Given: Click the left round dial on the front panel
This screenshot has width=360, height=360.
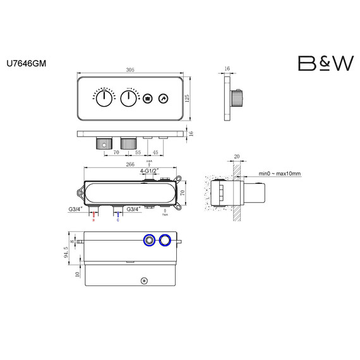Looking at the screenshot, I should coord(102,99).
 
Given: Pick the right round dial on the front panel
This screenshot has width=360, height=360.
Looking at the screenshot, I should coord(129,99).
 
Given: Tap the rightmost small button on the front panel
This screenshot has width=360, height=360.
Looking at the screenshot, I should coord(163,99).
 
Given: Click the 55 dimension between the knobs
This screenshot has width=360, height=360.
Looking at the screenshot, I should coord(137,152).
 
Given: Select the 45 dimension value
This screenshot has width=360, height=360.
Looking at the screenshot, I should coord(155,152).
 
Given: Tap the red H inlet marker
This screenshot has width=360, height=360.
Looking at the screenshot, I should coord(94,220).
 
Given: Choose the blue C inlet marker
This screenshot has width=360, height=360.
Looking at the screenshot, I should coord(117,220).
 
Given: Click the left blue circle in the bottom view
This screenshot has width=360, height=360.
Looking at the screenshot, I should coord(150,239).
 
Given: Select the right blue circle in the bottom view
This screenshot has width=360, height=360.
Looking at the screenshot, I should coord(166,239).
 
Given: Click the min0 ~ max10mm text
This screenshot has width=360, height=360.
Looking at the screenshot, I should coord(280,174).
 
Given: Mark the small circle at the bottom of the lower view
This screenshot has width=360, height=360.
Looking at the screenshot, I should coord(145,280).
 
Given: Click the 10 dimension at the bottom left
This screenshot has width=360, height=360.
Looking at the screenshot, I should coord(78,274).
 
